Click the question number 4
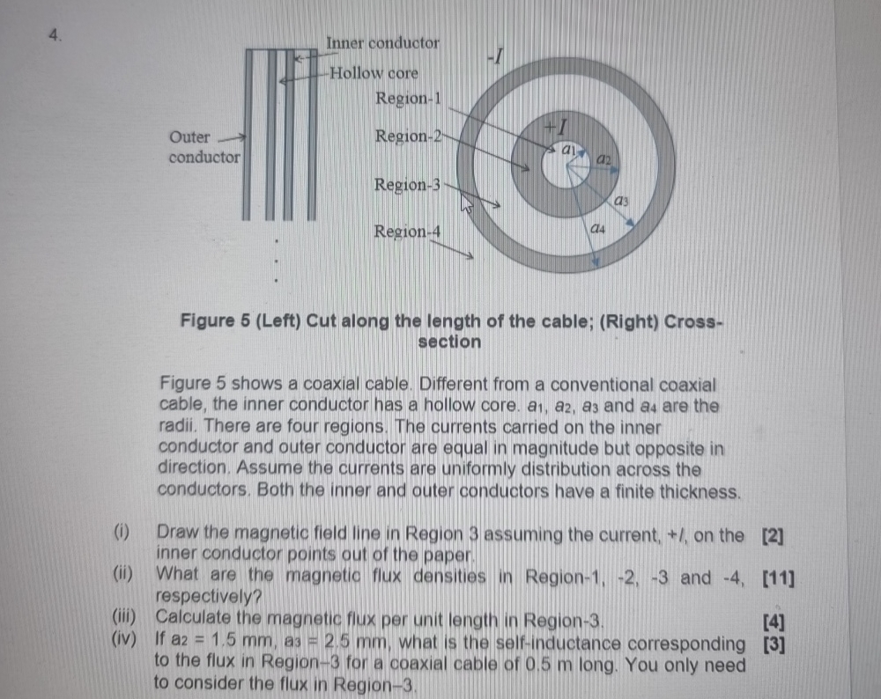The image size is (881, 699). pos(56,36)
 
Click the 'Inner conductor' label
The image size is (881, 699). pos(382,42)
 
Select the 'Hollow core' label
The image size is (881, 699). pos(374,73)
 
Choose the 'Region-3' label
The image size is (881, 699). pos(406,185)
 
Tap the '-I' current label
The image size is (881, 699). pos(496,58)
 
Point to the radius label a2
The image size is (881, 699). pos(603,159)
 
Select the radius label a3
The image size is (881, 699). pos(622,202)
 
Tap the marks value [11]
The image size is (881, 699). pos(778,578)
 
